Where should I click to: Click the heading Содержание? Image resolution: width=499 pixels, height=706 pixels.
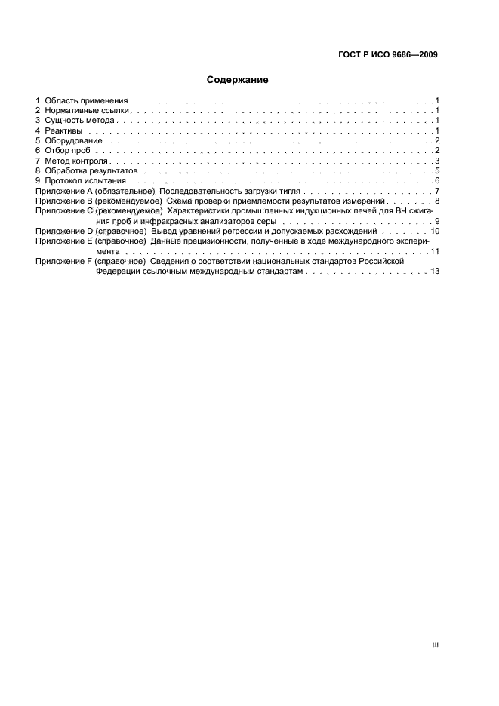(x=237, y=78)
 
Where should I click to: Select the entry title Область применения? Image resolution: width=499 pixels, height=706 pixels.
(x=88, y=100)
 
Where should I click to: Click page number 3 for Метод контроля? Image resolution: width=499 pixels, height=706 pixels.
(x=436, y=161)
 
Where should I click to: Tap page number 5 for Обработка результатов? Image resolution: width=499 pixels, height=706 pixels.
(x=436, y=172)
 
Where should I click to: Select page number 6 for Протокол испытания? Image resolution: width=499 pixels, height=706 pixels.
(x=436, y=182)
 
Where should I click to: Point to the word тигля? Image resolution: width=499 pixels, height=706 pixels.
(x=291, y=192)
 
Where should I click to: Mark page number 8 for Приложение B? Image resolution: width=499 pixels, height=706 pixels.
(x=436, y=202)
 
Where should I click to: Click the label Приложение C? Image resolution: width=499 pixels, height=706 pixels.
(x=60, y=213)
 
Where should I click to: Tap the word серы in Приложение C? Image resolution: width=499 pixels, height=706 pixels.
(x=268, y=223)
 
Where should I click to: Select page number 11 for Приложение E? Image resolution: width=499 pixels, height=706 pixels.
(x=435, y=251)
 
